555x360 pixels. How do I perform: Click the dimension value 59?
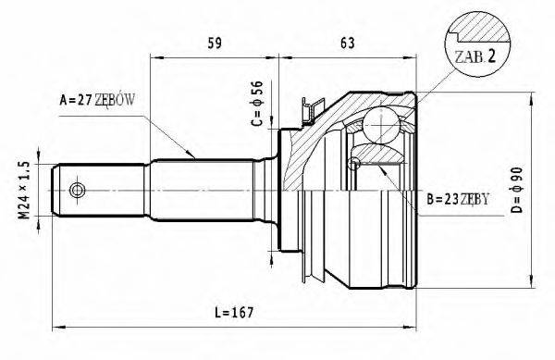click(215, 43)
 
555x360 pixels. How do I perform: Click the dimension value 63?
click(347, 43)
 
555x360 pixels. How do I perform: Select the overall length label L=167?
click(234, 313)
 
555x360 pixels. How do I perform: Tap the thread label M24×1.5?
click(24, 190)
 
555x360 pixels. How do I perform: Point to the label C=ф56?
click(257, 104)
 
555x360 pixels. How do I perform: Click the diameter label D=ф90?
click(517, 190)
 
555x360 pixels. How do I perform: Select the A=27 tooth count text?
click(76, 101)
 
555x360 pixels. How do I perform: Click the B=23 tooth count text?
click(442, 200)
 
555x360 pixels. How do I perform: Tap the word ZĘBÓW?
click(115, 101)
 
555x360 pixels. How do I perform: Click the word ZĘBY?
click(475, 200)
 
